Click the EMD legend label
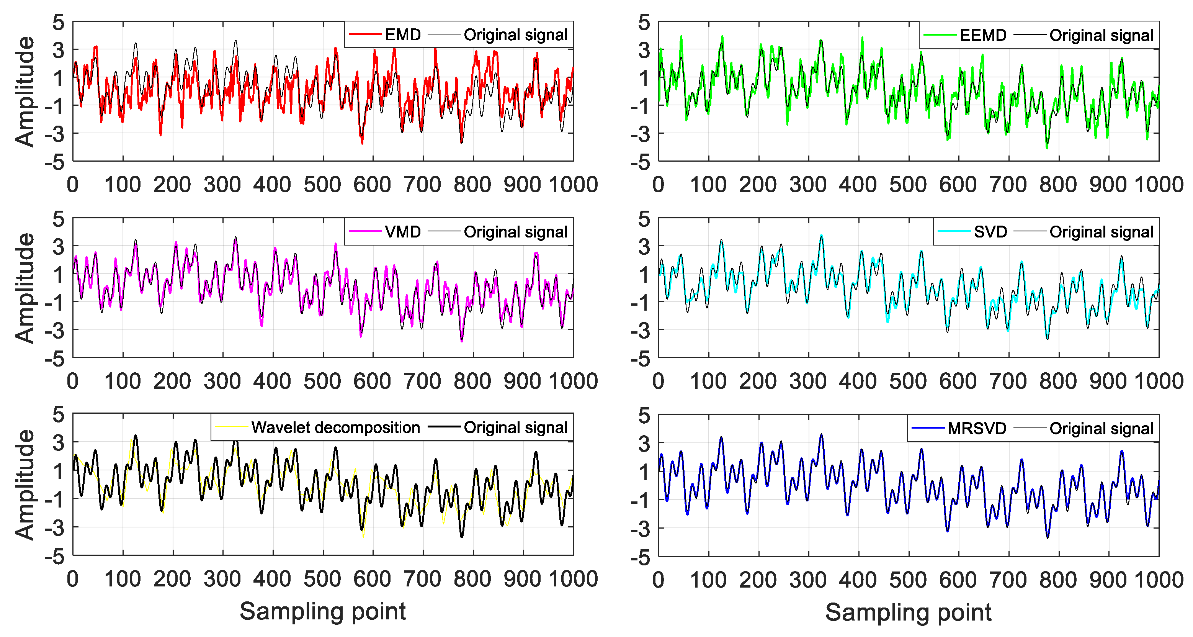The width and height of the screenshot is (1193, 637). click(x=402, y=35)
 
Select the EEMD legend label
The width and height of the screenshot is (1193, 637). click(x=983, y=35)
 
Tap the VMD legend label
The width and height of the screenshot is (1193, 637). click(x=402, y=232)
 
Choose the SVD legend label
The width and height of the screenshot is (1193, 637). click(x=990, y=232)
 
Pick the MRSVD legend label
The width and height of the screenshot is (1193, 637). click(x=977, y=428)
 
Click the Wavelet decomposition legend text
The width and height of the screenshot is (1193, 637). click(x=335, y=427)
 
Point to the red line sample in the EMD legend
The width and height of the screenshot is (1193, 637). click(x=365, y=34)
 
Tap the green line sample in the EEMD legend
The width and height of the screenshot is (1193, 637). click(x=940, y=35)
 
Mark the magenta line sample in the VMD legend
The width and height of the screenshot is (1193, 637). click(x=365, y=232)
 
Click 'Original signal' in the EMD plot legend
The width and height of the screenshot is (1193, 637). click(x=515, y=35)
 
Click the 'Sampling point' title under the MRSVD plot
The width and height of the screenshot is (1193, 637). click(x=908, y=612)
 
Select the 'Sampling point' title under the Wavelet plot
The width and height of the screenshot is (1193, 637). click(x=323, y=611)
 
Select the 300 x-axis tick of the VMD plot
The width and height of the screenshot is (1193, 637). click(x=222, y=381)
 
